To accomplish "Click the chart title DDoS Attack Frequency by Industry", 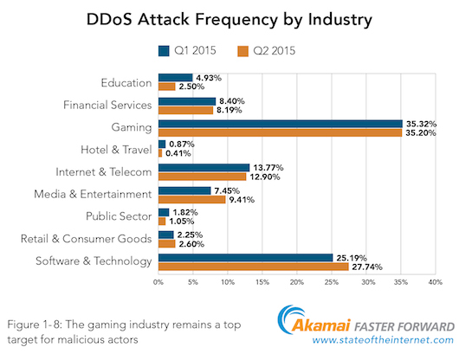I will click(229, 18).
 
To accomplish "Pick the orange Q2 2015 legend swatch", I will click(244, 49).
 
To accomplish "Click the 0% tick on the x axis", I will click(158, 282).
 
